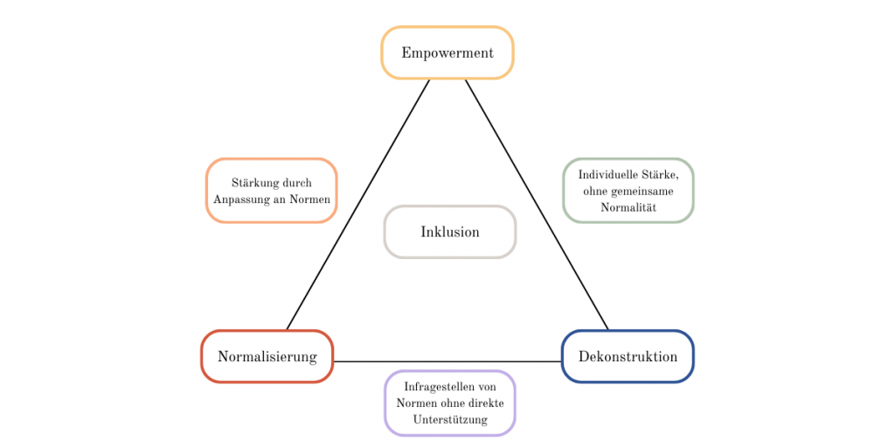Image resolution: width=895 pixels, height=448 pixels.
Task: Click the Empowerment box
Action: click(x=447, y=52)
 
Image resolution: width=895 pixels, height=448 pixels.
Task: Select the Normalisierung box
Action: click(x=267, y=356)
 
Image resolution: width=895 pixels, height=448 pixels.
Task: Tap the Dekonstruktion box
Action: click(x=628, y=356)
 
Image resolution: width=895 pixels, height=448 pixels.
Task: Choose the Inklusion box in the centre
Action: click(x=450, y=232)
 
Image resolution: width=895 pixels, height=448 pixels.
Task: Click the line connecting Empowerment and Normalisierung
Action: click(x=358, y=204)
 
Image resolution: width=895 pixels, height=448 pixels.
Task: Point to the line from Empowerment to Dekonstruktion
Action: click(x=536, y=204)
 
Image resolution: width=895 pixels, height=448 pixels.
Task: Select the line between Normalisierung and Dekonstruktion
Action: click(x=447, y=361)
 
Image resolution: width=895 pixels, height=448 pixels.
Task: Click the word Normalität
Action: click(x=628, y=207)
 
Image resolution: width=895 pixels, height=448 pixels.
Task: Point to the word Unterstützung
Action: click(x=450, y=419)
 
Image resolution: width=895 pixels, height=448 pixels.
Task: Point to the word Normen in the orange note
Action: click(x=311, y=199)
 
